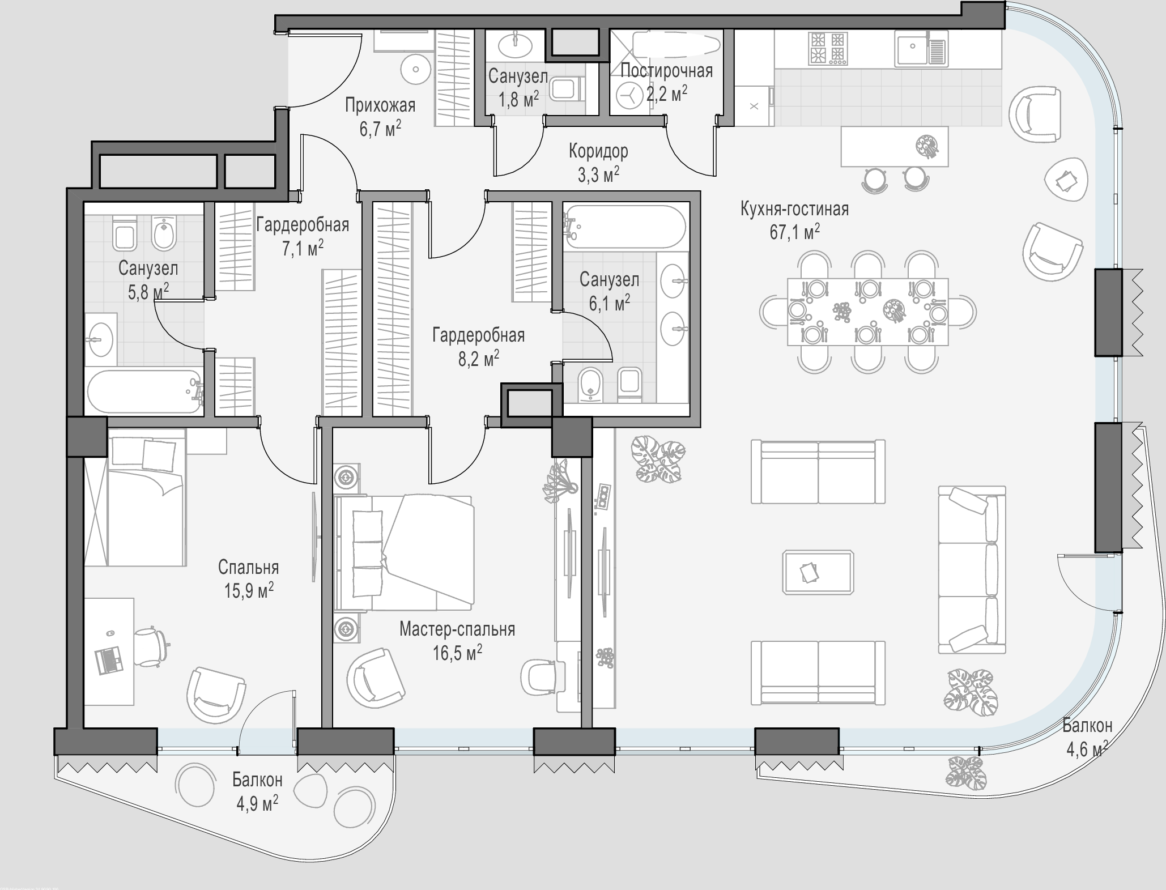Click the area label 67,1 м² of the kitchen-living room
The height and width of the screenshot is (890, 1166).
click(794, 232)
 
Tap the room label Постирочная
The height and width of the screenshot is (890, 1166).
click(666, 71)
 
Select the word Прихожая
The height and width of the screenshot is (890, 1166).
click(380, 105)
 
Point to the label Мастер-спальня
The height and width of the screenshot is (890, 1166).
click(457, 629)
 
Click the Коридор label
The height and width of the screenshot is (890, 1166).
click(598, 151)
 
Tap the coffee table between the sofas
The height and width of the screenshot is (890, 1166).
click(818, 572)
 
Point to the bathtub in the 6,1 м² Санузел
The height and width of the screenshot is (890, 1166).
click(625, 226)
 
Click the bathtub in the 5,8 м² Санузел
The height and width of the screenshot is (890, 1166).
click(144, 392)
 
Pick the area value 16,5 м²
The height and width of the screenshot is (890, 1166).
click(457, 653)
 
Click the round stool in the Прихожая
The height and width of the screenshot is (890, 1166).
click(416, 70)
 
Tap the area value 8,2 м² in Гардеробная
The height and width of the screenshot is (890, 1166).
click(479, 359)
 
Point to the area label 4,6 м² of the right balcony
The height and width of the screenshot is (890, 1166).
click(1087, 750)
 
